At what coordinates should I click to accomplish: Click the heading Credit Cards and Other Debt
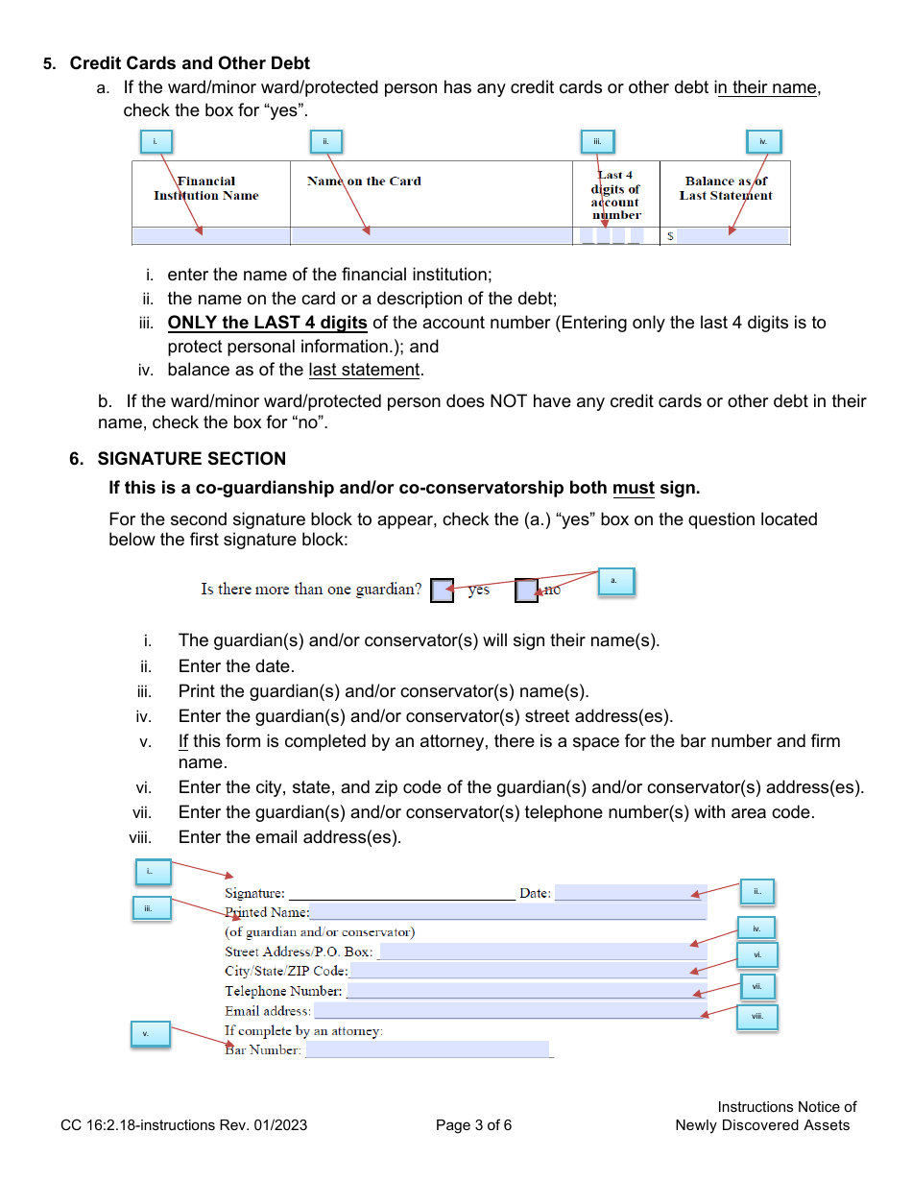(189, 63)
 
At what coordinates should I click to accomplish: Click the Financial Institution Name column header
(206, 188)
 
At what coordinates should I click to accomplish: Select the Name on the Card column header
(364, 181)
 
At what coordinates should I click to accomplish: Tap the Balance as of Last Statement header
(726, 188)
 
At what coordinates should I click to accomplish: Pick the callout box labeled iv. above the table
(763, 142)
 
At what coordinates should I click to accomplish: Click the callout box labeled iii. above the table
(597, 142)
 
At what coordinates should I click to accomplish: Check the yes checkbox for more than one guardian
(442, 590)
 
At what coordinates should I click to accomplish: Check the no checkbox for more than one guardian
(526, 590)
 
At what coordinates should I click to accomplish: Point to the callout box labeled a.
(615, 581)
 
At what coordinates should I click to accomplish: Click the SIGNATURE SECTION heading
(192, 459)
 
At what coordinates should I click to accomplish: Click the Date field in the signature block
(630, 893)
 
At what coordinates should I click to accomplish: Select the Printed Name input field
(507, 912)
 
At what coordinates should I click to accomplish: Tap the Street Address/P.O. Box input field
(542, 952)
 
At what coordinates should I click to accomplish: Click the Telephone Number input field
(525, 991)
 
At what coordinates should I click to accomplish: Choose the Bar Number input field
(427, 1049)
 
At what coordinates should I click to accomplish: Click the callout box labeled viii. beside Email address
(756, 1018)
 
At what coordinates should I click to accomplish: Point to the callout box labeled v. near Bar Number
(150, 1034)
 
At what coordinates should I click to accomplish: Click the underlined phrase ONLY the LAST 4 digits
(267, 324)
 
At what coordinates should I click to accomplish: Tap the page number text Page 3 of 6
(473, 1125)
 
